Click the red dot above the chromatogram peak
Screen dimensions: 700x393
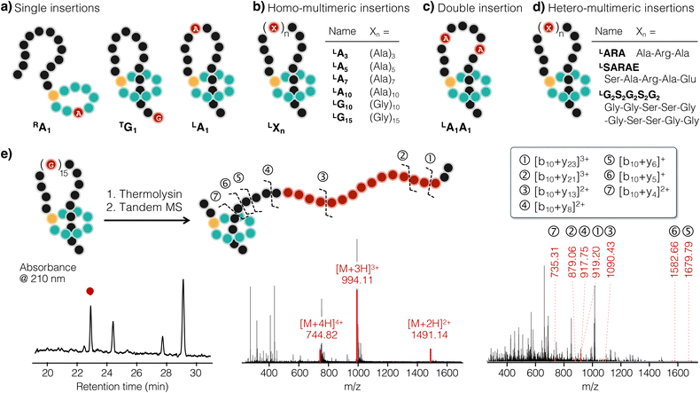(90, 291)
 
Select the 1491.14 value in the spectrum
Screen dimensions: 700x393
(429, 334)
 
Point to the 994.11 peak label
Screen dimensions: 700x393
(357, 280)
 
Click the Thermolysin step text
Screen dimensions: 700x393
(144, 194)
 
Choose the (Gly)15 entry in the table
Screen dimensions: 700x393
(385, 119)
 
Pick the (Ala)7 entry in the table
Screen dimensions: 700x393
(383, 80)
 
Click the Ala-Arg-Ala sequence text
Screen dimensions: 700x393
(663, 53)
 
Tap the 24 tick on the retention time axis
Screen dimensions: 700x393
(106, 373)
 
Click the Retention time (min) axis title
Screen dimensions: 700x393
(122, 386)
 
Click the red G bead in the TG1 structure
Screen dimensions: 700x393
(158, 118)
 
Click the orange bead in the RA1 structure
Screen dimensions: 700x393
(53, 95)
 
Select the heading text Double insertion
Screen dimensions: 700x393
(480, 8)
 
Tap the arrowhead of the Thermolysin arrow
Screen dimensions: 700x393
(188, 220)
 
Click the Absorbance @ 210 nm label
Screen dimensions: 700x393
(48, 273)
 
